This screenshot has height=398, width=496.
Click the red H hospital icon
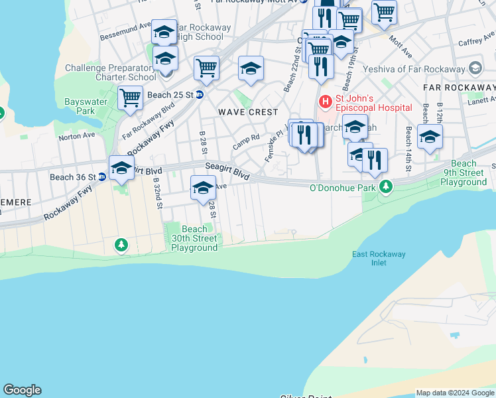[x=325, y=101]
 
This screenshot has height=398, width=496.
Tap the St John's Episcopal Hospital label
[x=373, y=101]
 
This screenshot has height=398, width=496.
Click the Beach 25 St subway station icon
[x=199, y=95]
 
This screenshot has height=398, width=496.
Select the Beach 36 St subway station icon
[x=102, y=177]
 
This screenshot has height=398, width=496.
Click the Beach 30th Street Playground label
[x=194, y=238]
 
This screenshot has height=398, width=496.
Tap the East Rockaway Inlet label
[x=379, y=258]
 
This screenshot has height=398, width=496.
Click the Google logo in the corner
[x=22, y=390]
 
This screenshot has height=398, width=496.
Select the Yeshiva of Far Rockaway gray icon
[x=475, y=68]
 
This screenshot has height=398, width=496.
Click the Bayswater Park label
[x=80, y=106]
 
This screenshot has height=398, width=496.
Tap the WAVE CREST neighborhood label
[x=248, y=112]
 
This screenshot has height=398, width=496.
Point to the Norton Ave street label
[x=77, y=136]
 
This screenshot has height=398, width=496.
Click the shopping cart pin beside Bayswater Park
[x=130, y=98]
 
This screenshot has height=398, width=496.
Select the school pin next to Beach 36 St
[x=121, y=169]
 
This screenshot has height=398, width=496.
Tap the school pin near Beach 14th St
[x=430, y=137]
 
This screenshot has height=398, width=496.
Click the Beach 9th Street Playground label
[x=464, y=172]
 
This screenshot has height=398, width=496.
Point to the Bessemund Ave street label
[x=125, y=33]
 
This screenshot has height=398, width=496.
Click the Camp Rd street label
[x=245, y=141]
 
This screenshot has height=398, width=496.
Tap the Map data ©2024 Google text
[x=454, y=392]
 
